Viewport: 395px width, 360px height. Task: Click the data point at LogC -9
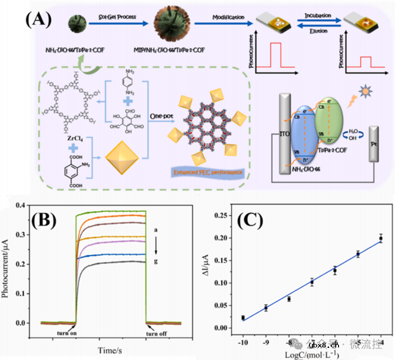tap(266, 307)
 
